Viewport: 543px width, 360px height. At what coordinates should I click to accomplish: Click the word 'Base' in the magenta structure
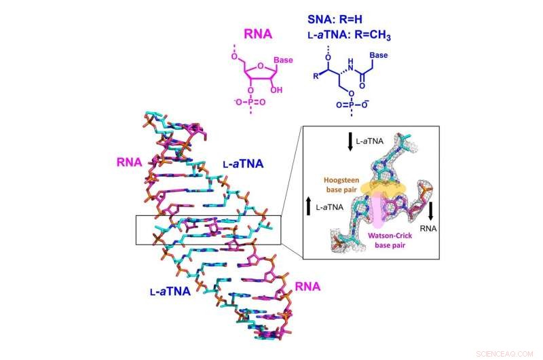coord(283,61)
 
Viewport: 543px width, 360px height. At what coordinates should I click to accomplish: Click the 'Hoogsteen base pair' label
coord(348,185)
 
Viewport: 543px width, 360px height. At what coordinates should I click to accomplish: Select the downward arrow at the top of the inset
coord(350,141)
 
